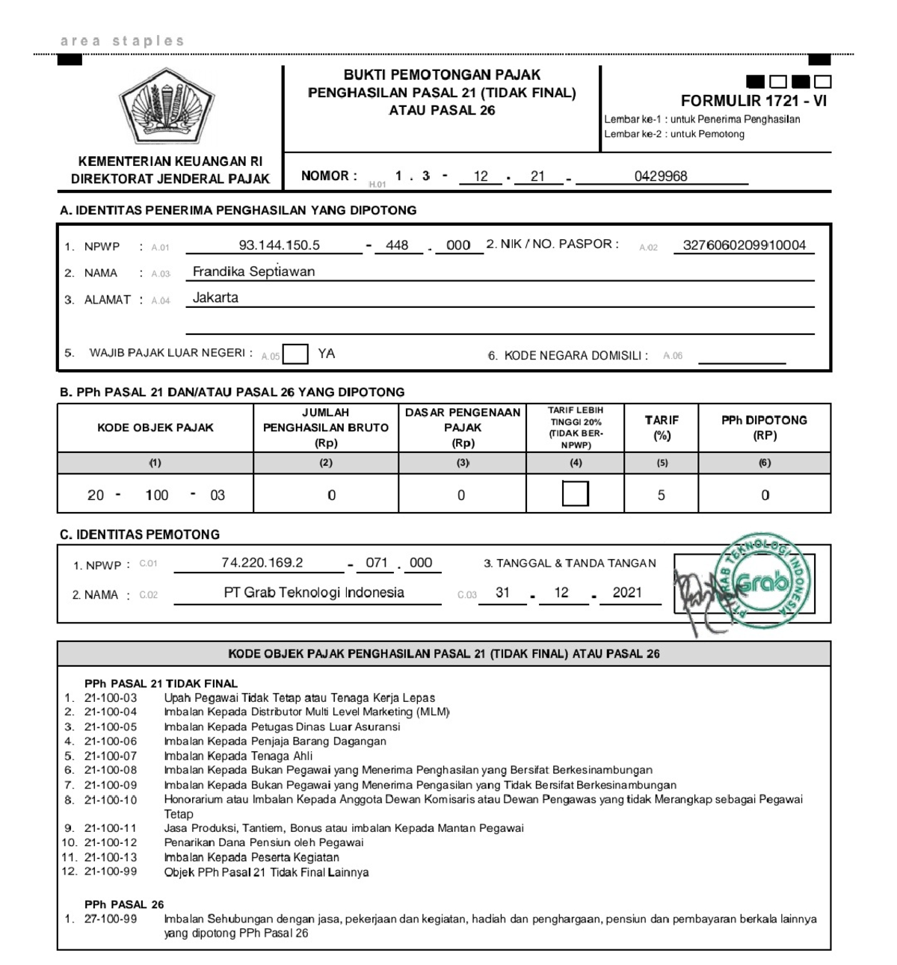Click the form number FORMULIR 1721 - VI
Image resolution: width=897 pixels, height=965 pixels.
(753, 102)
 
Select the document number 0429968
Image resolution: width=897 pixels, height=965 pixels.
(661, 176)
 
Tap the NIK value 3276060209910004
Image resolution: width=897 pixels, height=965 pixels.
(745, 245)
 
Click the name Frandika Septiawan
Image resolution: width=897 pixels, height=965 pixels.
(253, 271)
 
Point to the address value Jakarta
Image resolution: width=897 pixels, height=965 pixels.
(215, 297)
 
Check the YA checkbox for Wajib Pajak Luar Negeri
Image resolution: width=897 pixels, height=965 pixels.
(295, 354)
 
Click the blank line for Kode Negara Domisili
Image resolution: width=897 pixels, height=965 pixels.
(742, 357)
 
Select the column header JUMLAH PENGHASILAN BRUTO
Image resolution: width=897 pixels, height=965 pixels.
(326, 427)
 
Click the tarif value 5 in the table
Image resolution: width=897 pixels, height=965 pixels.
(661, 495)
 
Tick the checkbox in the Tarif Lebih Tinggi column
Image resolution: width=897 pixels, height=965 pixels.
(575, 494)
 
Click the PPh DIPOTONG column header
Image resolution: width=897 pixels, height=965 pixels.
(764, 427)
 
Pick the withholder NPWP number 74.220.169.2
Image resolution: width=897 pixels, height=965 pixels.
(262, 562)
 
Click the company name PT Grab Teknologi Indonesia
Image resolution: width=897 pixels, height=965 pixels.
(314, 592)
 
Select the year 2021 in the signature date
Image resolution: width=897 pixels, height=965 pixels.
(627, 592)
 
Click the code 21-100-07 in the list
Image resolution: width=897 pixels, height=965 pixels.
(111, 756)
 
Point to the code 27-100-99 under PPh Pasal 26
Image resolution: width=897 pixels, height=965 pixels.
(111, 919)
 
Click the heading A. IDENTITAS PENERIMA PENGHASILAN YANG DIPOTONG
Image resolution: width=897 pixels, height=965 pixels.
(238, 210)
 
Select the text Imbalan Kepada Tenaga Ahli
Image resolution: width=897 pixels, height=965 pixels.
(238, 756)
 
